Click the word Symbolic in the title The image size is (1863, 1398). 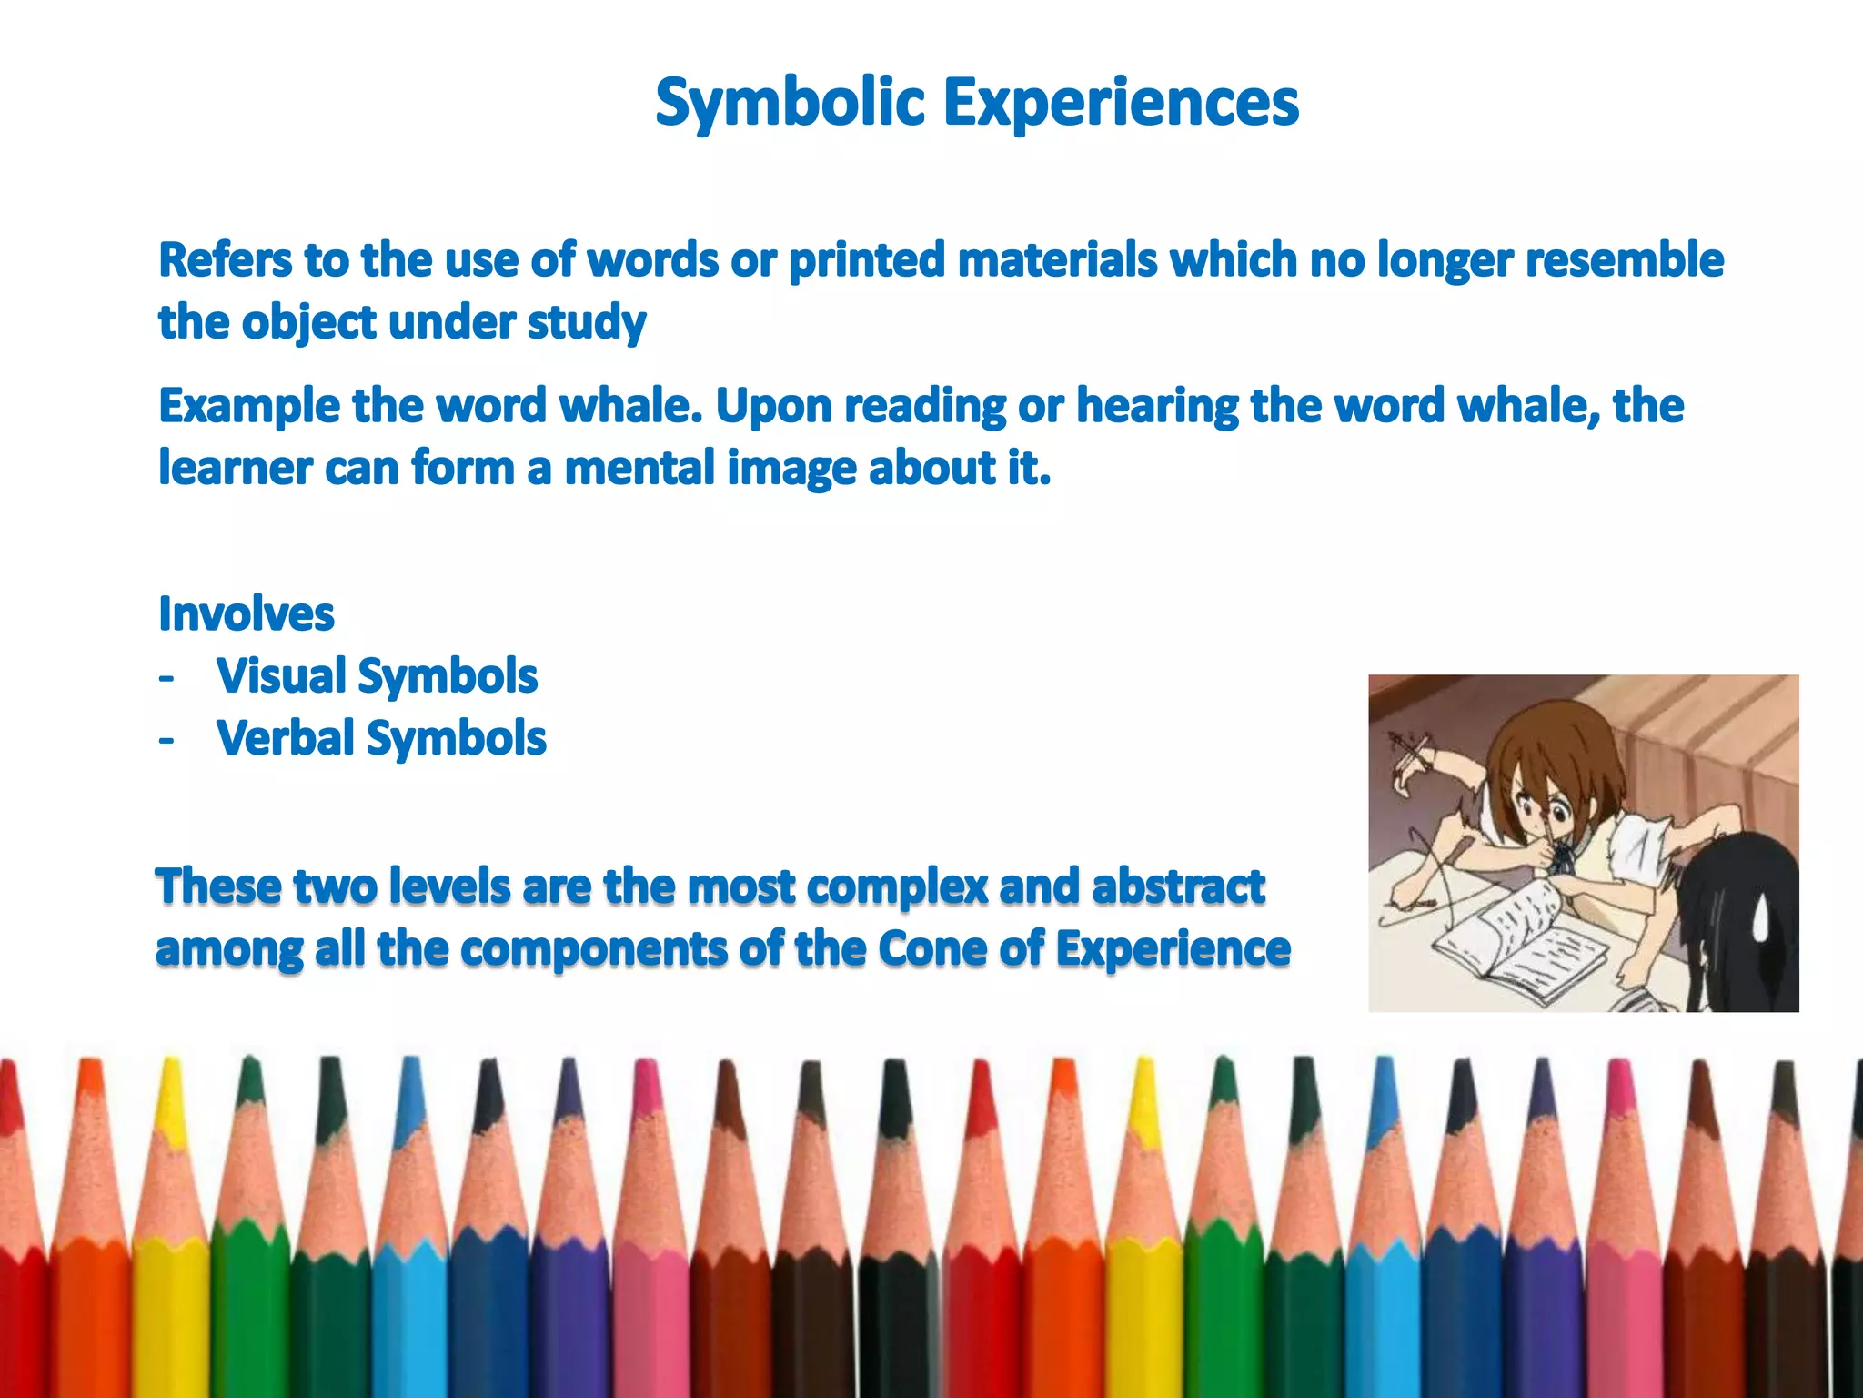[790, 102]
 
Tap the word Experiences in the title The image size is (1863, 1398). [1121, 102]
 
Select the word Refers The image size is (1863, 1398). [225, 260]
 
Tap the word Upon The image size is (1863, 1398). [772, 406]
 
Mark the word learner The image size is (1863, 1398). [235, 468]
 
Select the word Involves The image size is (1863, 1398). [247, 613]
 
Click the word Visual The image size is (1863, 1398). [280, 676]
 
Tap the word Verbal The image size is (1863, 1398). [285, 738]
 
